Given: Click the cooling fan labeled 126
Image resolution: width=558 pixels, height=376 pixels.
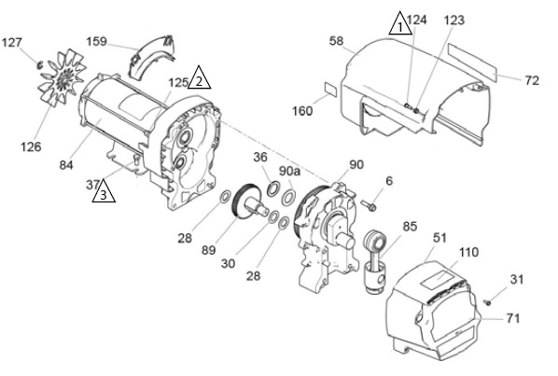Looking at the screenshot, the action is click(x=63, y=78).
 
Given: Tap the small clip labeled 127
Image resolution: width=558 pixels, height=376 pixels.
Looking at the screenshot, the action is click(x=40, y=65).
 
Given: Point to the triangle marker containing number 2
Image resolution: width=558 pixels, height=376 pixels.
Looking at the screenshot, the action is click(x=200, y=79).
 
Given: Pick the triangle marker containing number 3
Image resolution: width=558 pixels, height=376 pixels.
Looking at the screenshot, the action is click(x=104, y=193).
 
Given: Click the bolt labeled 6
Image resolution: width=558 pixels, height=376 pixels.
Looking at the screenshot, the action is click(x=369, y=205).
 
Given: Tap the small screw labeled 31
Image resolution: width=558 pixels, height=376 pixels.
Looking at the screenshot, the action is click(x=487, y=302).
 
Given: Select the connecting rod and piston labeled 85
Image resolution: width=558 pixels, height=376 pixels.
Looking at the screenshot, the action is click(x=376, y=262).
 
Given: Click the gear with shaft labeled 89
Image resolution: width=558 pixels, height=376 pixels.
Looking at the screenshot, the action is click(x=249, y=203).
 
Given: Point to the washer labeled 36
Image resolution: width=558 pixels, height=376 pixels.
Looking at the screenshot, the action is click(x=273, y=188).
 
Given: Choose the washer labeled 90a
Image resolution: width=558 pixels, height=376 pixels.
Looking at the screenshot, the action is click(x=288, y=198).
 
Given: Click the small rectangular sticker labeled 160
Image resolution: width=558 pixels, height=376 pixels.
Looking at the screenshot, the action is click(x=330, y=90).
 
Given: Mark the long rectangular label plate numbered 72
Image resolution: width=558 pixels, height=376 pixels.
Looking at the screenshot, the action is click(x=472, y=62).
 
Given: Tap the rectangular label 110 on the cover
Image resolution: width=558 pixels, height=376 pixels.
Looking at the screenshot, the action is click(x=438, y=278).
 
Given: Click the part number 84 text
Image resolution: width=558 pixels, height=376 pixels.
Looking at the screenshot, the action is click(x=66, y=165).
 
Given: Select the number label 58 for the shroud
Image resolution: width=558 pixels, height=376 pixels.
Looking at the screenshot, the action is click(x=336, y=41).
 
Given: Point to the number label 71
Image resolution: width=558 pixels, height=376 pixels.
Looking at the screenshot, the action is click(x=513, y=318).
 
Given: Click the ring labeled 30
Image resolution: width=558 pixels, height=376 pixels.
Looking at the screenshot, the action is click(x=273, y=217).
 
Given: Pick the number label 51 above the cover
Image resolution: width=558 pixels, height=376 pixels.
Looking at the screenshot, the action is click(x=439, y=238).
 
